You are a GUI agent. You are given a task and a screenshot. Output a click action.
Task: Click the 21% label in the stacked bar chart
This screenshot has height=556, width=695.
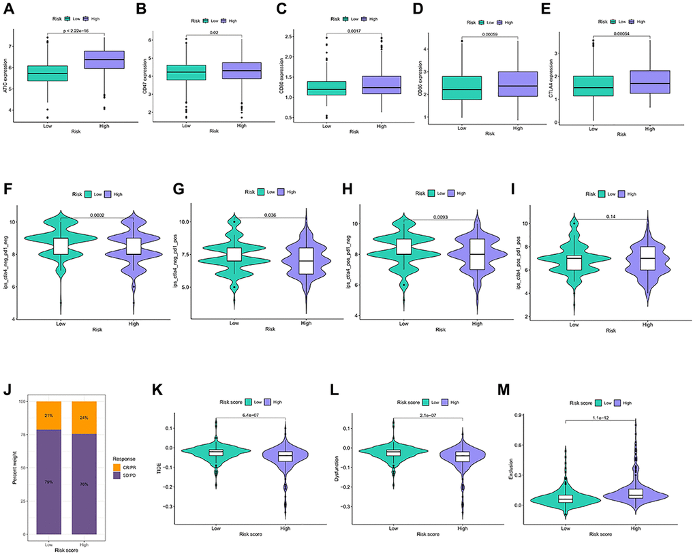point(49,415)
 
